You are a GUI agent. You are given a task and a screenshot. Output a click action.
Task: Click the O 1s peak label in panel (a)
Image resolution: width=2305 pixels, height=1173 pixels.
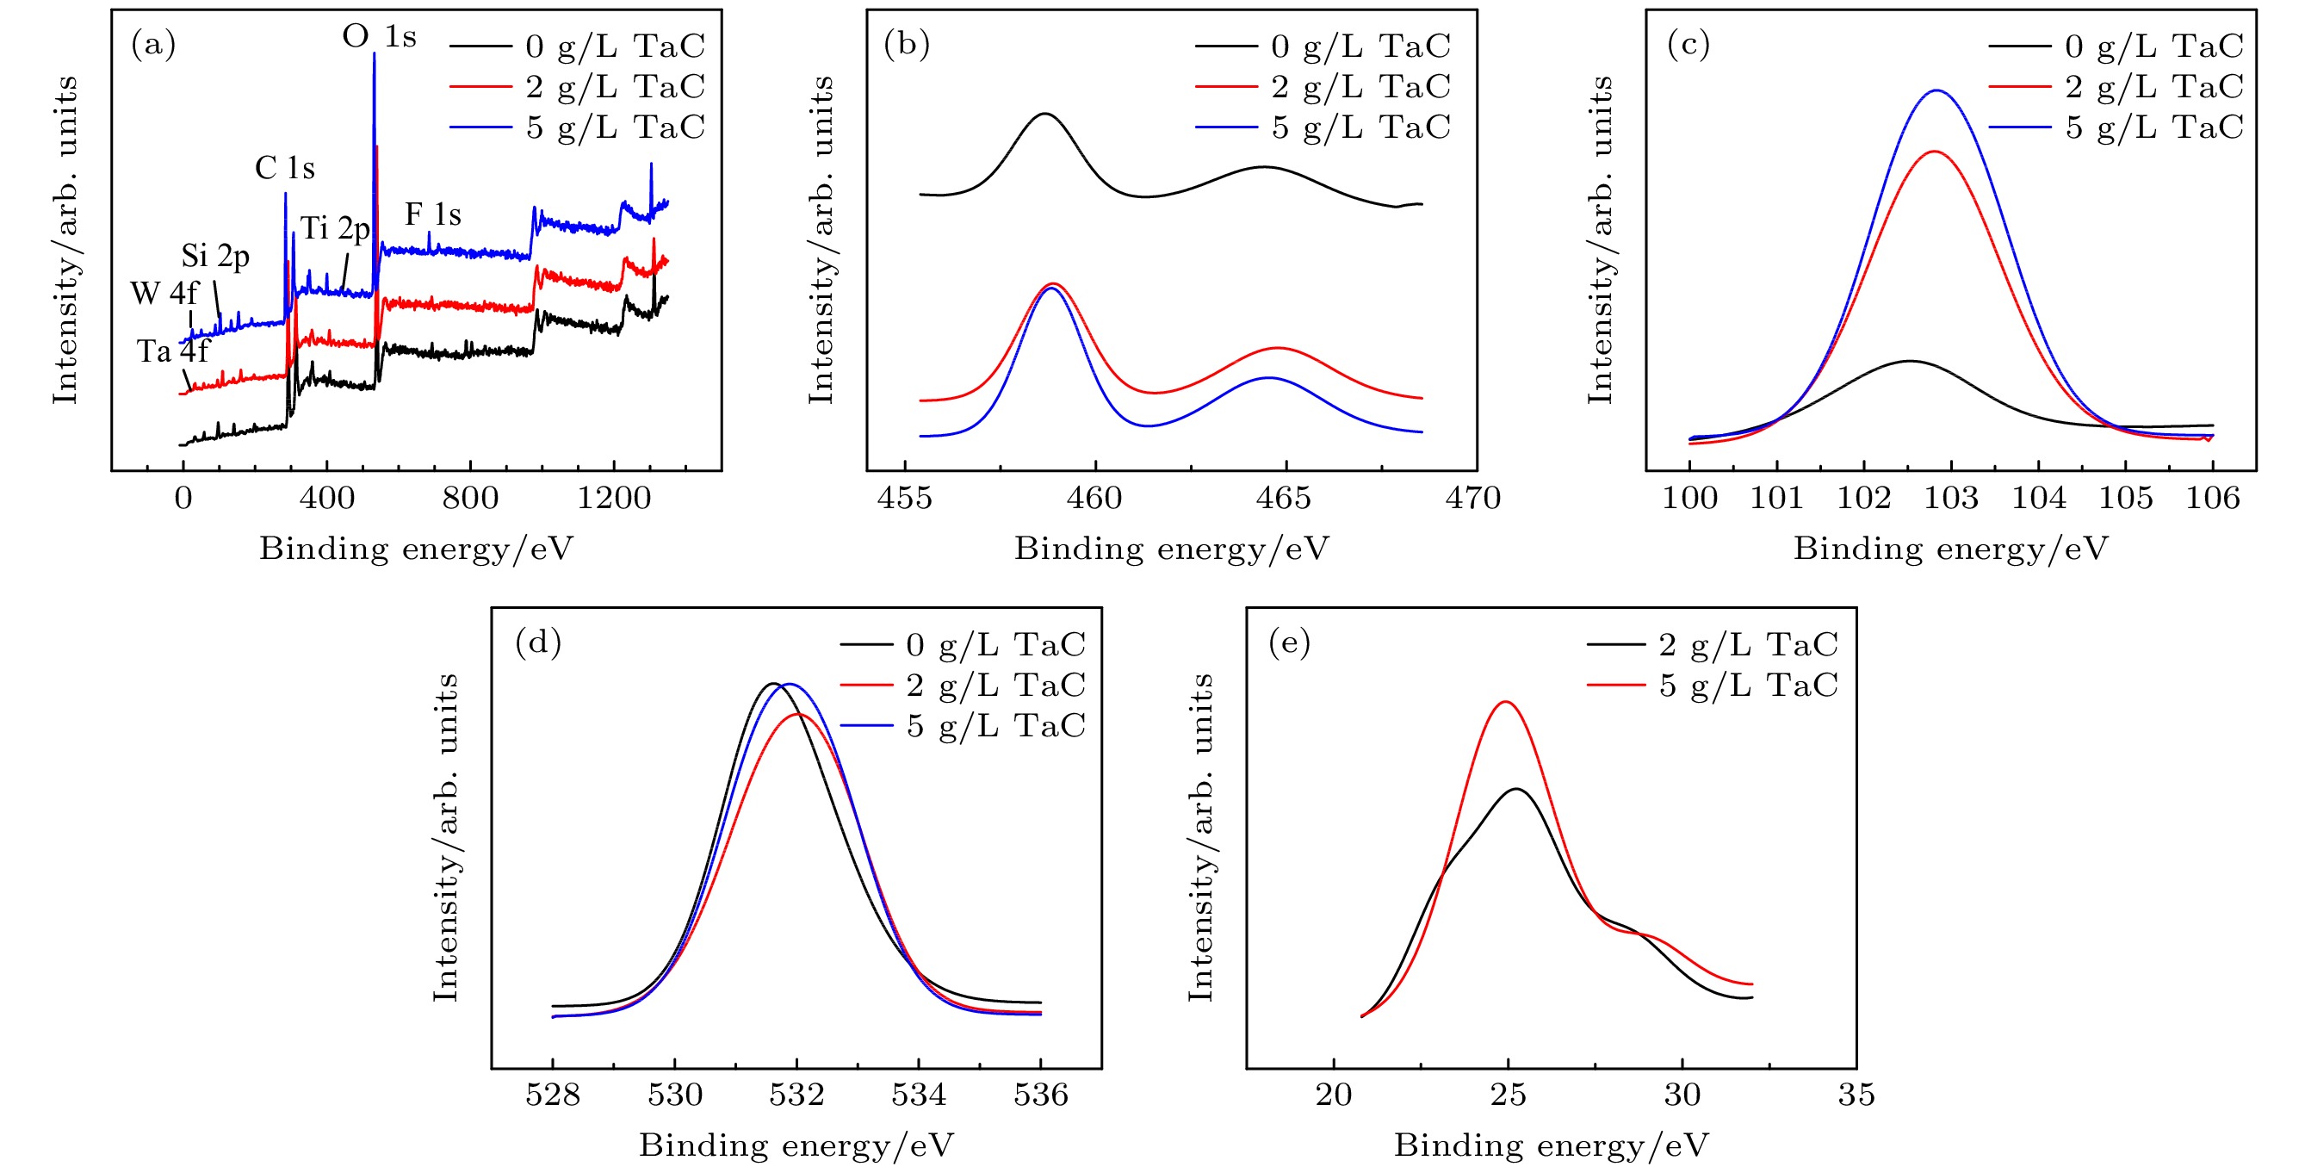tap(380, 37)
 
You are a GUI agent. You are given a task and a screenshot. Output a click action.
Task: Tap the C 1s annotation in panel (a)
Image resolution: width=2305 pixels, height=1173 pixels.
tap(284, 168)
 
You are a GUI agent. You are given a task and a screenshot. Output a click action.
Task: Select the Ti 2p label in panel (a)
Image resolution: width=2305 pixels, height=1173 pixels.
tap(335, 229)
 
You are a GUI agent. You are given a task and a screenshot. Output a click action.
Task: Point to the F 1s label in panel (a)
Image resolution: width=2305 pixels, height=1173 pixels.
tap(433, 214)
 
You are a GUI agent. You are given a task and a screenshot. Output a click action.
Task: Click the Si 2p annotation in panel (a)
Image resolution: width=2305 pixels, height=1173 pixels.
tap(214, 257)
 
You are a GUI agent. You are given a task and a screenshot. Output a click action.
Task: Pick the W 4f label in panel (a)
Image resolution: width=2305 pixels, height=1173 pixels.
tap(164, 294)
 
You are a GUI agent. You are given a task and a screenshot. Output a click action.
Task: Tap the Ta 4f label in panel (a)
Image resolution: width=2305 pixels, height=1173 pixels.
tap(172, 351)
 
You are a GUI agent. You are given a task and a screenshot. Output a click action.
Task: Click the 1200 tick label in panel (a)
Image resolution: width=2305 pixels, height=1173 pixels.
tap(614, 499)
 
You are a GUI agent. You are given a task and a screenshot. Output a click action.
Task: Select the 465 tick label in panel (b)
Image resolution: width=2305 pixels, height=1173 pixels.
tap(1283, 499)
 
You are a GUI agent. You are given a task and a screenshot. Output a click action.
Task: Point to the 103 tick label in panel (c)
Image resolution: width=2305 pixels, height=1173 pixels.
tap(1950, 499)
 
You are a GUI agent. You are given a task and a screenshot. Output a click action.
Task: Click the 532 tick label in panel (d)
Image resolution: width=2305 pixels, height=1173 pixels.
tap(796, 1095)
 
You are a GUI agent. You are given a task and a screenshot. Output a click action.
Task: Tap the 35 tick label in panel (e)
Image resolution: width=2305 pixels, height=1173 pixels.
tap(1856, 1095)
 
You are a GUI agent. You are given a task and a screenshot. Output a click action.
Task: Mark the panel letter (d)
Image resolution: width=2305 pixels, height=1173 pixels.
tap(538, 643)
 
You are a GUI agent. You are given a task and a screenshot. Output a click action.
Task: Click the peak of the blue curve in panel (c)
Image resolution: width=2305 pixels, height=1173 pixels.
tap(1937, 90)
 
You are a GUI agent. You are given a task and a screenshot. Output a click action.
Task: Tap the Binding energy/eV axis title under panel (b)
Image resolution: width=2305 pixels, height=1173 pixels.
tap(1171, 549)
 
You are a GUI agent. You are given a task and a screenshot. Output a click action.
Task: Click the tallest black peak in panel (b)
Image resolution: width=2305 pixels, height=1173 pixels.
tap(1044, 114)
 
